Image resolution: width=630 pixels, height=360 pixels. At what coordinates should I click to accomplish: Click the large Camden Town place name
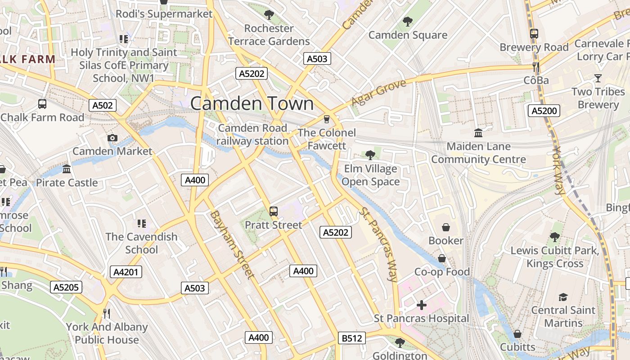click(x=252, y=103)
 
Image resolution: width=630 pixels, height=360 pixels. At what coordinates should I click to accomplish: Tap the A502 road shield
click(x=102, y=105)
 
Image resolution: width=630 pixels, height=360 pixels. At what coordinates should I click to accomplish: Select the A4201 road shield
click(x=126, y=272)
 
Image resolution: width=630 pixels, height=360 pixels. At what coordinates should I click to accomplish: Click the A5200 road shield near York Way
click(x=544, y=111)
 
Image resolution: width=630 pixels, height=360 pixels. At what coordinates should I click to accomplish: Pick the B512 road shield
click(x=351, y=338)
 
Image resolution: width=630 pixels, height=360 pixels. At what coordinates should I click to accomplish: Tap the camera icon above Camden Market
click(x=112, y=138)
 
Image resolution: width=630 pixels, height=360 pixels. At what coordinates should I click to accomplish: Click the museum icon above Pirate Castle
click(x=67, y=169)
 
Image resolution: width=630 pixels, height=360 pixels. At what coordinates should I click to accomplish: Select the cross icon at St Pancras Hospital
click(x=422, y=306)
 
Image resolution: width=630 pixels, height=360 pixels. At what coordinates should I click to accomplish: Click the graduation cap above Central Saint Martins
click(x=563, y=297)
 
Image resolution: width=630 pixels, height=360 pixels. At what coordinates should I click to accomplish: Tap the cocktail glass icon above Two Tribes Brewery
click(x=598, y=79)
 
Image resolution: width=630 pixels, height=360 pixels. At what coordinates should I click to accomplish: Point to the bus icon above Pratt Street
click(x=273, y=211)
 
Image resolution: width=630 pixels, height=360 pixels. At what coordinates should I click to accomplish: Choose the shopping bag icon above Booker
click(x=446, y=227)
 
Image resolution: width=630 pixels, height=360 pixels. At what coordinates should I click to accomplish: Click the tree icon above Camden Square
click(x=408, y=21)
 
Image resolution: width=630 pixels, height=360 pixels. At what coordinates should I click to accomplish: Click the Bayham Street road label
click(x=232, y=244)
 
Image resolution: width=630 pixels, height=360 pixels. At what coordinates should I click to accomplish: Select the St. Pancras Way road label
click(x=378, y=244)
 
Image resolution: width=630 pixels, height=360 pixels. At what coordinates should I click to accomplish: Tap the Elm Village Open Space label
click(x=370, y=175)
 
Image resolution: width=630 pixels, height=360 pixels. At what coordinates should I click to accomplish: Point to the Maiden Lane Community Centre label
click(x=478, y=153)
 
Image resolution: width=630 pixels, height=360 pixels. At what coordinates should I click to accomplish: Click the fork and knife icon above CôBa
click(x=536, y=67)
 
